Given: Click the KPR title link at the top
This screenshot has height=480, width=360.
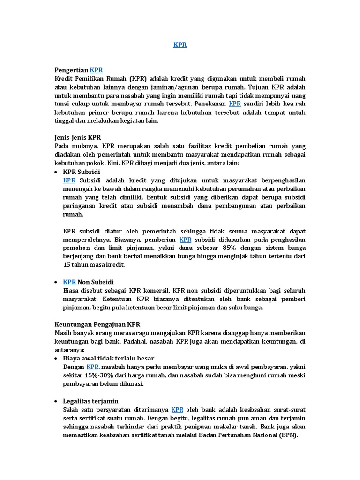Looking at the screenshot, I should pyautogui.click(x=180, y=45).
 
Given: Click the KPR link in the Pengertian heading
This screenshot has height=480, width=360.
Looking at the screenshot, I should pyautogui.click(x=96, y=69).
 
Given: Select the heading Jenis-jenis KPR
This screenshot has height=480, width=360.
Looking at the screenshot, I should pyautogui.click(x=78, y=137).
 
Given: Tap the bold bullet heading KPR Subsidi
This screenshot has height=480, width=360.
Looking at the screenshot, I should pyautogui.click(x=82, y=172).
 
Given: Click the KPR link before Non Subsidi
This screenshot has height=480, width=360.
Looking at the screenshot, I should pyautogui.click(x=69, y=282).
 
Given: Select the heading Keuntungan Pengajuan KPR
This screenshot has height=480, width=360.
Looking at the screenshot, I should pyautogui.click(x=97, y=324).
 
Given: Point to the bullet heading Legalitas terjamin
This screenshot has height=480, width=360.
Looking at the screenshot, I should pyautogui.click(x=91, y=401).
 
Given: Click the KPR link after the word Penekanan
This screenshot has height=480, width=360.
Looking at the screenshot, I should pyautogui.click(x=235, y=103).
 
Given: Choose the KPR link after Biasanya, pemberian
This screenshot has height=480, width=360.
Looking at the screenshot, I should pyautogui.click(x=186, y=240).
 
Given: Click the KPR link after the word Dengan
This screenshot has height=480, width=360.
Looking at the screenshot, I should pyautogui.click(x=93, y=367).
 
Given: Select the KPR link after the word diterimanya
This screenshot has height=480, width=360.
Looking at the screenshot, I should pyautogui.click(x=178, y=409).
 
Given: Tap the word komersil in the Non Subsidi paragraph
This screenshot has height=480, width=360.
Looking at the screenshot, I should pyautogui.click(x=155, y=290).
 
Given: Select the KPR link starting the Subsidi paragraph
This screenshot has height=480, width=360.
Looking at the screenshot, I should pyautogui.click(x=69, y=180).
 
